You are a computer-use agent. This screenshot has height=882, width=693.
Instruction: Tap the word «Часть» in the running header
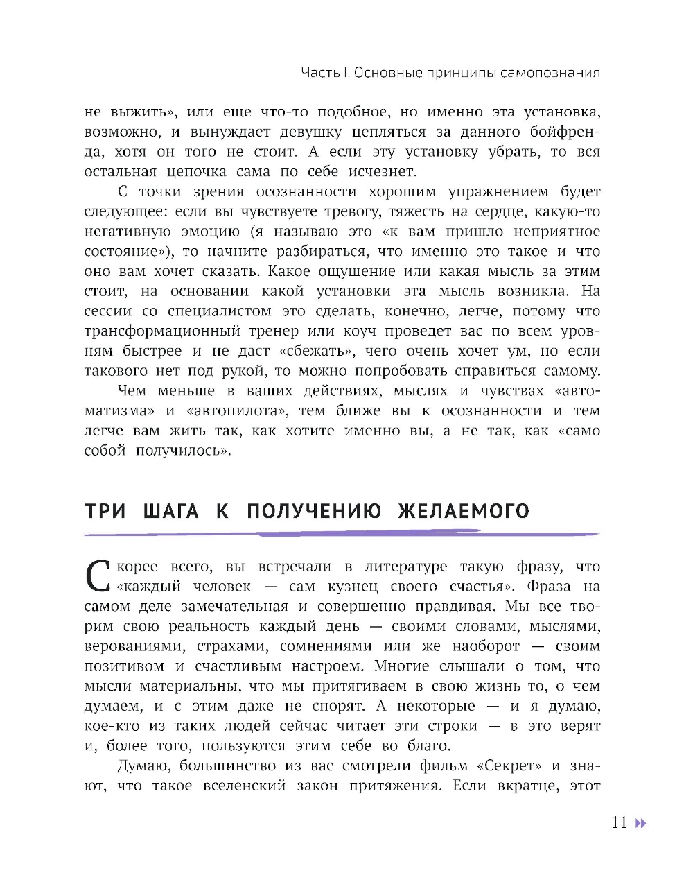tap(320, 73)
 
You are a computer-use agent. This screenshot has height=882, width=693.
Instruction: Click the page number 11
tap(619, 822)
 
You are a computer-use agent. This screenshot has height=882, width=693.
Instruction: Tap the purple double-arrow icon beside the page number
tap(640, 823)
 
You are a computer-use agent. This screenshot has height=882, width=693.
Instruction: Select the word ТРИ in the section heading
tap(105, 512)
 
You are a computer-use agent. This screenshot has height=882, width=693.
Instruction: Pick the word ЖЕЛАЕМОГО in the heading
tap(464, 512)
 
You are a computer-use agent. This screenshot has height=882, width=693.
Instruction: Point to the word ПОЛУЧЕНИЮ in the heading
tap(314, 512)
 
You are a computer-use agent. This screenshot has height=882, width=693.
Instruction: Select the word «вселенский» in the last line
tap(245, 786)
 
